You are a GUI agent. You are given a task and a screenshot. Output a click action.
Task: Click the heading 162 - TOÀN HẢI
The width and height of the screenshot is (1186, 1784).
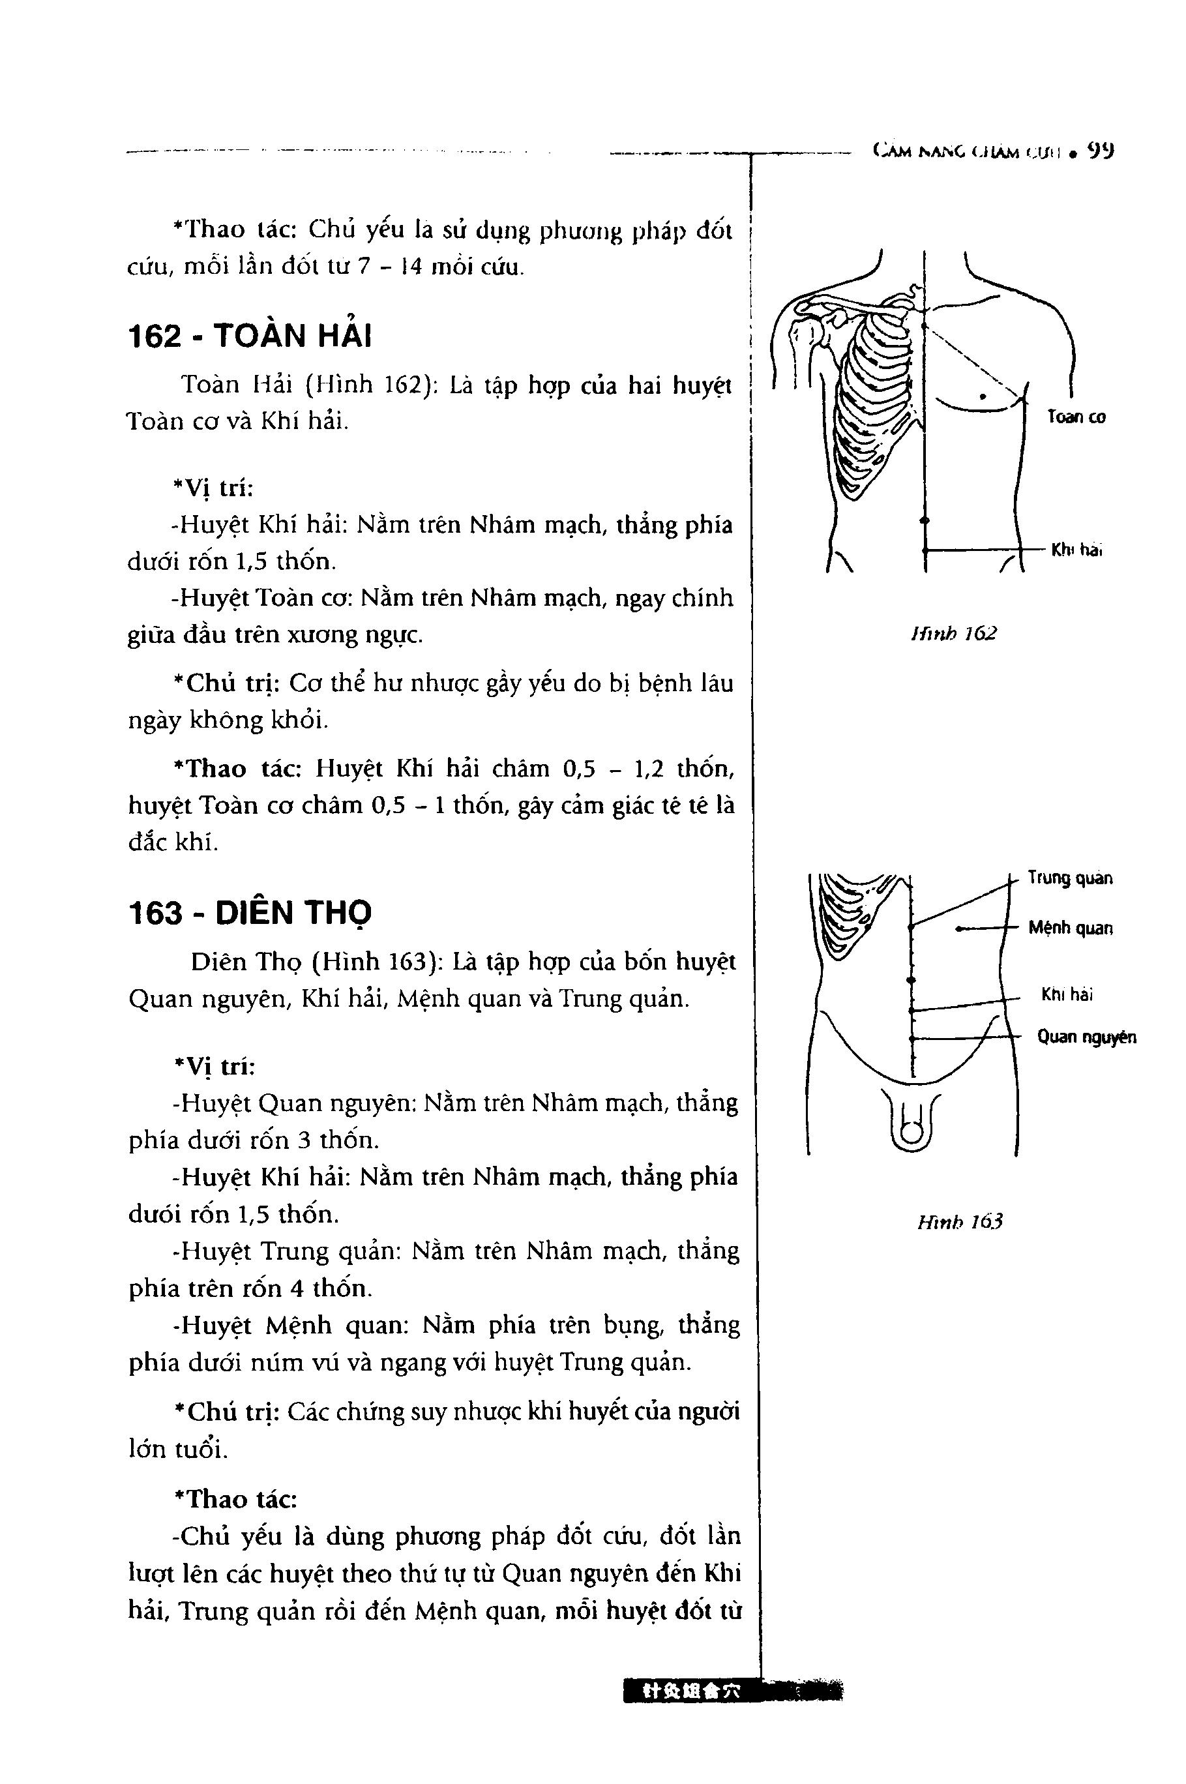tap(250, 336)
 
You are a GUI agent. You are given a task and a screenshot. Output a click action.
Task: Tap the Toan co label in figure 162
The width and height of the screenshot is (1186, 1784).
tap(1076, 417)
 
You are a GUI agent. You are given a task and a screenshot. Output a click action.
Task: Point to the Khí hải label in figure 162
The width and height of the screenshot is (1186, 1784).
tap(1076, 550)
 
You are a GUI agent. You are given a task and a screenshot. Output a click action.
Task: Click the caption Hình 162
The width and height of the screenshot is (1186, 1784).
tap(954, 633)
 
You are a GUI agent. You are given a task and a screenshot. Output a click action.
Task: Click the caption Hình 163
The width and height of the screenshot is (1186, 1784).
tap(960, 1221)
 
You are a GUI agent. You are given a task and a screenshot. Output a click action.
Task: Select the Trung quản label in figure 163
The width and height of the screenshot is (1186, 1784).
tap(1069, 878)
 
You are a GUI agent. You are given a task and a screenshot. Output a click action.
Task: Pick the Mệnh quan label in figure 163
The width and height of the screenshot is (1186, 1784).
tap(1069, 928)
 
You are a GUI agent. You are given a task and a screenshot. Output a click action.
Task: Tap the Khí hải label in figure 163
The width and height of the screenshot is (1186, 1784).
tap(1067, 994)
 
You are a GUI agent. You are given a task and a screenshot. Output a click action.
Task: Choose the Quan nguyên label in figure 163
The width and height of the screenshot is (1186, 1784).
tap(1086, 1037)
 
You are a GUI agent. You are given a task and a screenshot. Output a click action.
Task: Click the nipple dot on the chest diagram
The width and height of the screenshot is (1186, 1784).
tap(982, 396)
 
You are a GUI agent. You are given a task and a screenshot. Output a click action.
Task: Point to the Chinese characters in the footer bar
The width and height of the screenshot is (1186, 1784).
tap(689, 1690)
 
